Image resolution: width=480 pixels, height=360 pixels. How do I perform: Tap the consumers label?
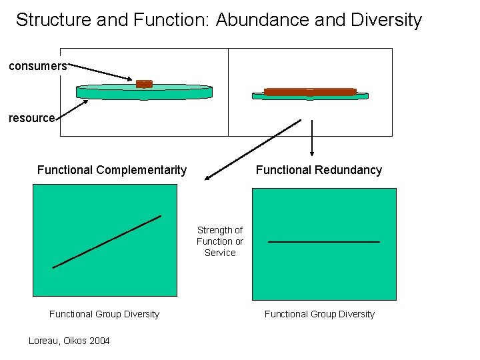click(37, 66)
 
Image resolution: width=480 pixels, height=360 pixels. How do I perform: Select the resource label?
click(31, 118)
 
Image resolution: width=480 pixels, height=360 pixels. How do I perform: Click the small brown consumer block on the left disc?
click(144, 84)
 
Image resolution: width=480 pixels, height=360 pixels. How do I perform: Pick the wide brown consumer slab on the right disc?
click(310, 92)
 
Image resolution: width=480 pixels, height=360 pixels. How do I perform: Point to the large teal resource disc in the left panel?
click(144, 94)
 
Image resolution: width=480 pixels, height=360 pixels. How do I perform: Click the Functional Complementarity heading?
click(112, 170)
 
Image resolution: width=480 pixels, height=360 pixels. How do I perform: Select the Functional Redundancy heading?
click(319, 170)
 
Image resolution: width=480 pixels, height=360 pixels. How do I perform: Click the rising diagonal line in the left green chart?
click(107, 241)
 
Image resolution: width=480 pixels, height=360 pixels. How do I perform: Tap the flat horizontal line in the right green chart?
click(323, 241)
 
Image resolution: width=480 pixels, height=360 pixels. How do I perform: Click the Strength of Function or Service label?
click(220, 241)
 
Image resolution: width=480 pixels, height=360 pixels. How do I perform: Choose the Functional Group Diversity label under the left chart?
click(104, 314)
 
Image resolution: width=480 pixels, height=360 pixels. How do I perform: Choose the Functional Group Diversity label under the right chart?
click(319, 314)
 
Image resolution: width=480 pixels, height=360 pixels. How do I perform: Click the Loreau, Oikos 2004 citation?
click(69, 341)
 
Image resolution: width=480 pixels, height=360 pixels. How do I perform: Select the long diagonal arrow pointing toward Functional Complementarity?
click(253, 150)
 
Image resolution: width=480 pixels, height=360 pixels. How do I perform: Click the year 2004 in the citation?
click(99, 341)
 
